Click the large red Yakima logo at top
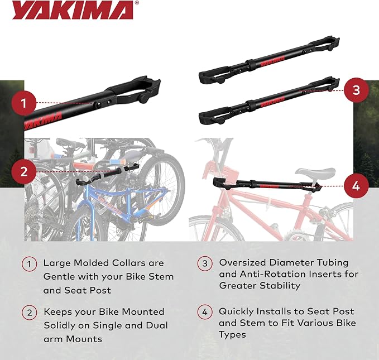coord(73,10)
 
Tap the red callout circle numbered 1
coord(23,103)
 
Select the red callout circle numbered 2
coord(23,172)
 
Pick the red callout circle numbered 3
coord(356,90)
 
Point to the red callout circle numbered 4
coord(356,186)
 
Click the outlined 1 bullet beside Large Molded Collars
coord(29,264)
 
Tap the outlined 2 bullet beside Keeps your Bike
coord(29,313)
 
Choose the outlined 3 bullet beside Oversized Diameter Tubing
coord(205,263)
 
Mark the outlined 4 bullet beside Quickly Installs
coord(205,312)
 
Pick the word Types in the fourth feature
coord(232,335)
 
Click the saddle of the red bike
coord(315,172)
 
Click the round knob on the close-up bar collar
coord(144,98)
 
